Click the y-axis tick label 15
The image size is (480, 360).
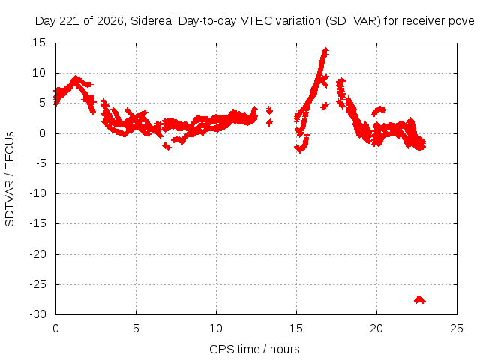(x=38, y=43)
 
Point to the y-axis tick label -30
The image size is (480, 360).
(x=37, y=314)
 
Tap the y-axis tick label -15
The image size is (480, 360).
(x=37, y=223)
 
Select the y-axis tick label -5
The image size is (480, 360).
(x=40, y=163)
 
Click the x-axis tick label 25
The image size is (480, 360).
(x=457, y=328)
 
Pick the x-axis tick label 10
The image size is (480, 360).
(x=216, y=328)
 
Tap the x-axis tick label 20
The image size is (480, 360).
(x=376, y=328)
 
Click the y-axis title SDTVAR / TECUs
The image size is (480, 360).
(x=10, y=179)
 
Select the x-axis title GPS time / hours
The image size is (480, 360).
(x=254, y=349)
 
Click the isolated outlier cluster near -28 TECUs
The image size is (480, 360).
(x=419, y=300)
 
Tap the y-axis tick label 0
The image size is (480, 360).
(x=42, y=133)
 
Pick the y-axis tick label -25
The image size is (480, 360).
(x=37, y=284)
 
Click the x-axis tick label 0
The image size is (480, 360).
(x=55, y=328)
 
